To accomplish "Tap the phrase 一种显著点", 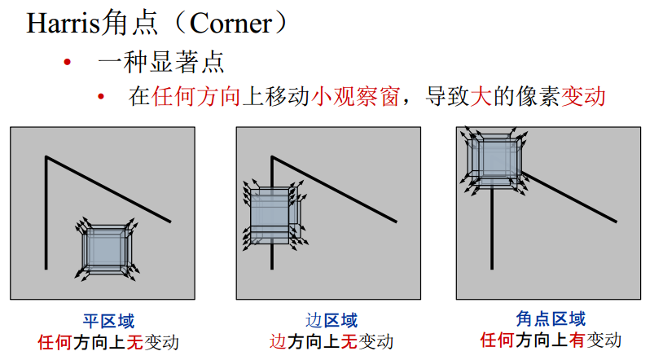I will click(x=160, y=62).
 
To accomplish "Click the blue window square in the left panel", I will click(x=107, y=250).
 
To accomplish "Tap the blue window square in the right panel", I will click(x=494, y=157).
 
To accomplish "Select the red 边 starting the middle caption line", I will click(x=279, y=341).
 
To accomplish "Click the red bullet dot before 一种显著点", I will click(x=68, y=63).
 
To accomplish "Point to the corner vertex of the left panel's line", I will click(x=47, y=156).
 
